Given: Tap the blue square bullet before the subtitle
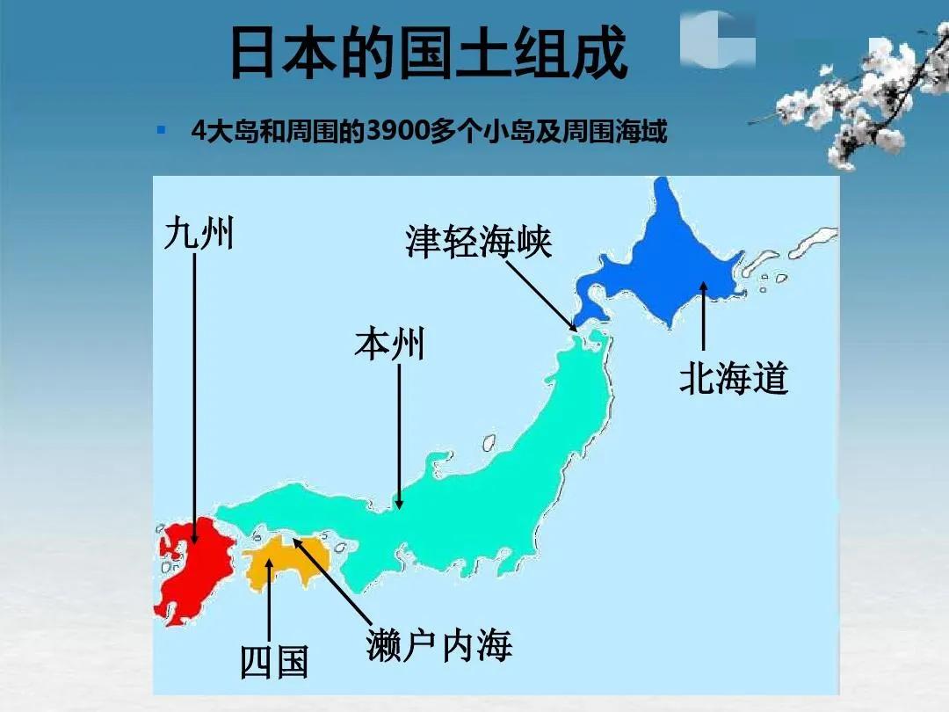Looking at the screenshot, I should point(161,131).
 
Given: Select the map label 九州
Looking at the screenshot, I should point(199,234).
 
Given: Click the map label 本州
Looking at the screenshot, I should point(389,344).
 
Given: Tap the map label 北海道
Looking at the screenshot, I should point(734,379).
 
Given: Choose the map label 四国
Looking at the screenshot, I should point(274,661).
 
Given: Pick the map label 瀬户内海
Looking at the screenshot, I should point(438,646).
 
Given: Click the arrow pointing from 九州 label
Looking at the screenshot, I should point(195,396).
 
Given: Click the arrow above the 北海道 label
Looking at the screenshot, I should point(703,316).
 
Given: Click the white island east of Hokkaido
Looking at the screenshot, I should point(813,242).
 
